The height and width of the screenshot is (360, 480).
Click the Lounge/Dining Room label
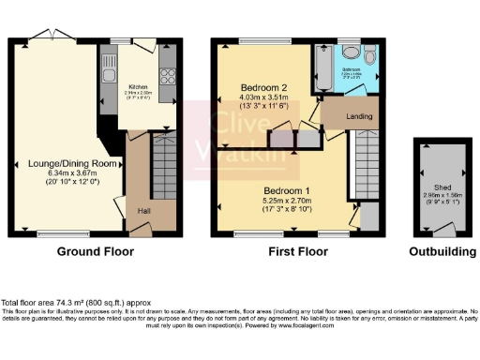point(65,163)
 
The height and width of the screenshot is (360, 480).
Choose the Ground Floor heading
point(95,250)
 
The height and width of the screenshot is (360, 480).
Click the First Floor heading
point(297,250)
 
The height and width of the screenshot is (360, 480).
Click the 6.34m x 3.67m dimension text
point(65,172)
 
